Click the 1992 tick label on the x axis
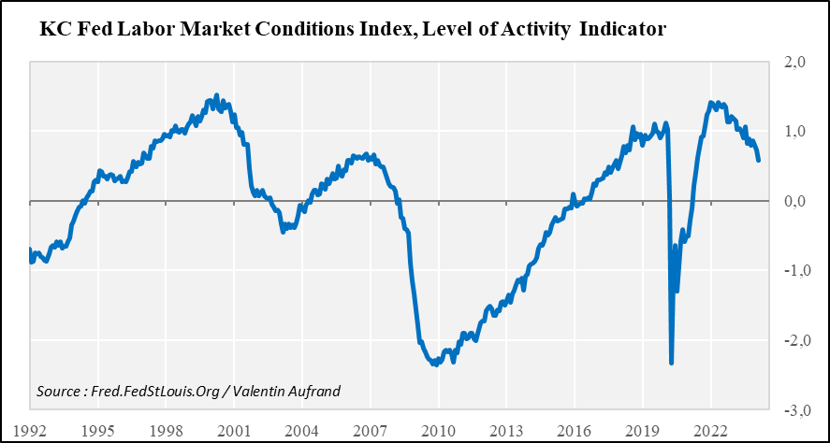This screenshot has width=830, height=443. pos(30,431)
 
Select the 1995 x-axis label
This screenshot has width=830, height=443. pos(98,431)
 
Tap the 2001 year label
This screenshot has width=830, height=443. pos(234,431)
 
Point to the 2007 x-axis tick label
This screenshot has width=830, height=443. pos(371,431)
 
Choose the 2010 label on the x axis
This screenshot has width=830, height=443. pos(438,431)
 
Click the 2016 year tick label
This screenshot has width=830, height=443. pos(574,431)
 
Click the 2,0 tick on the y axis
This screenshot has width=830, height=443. pos(795,63)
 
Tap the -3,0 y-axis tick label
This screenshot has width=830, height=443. pos(794,410)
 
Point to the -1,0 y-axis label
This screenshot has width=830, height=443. pos(794,271)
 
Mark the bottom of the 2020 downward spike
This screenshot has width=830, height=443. pos(672,363)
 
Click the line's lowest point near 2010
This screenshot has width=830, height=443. pos(435,364)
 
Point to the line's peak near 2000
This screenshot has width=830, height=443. pos(216,95)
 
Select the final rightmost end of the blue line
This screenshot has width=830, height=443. pos(759,161)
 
